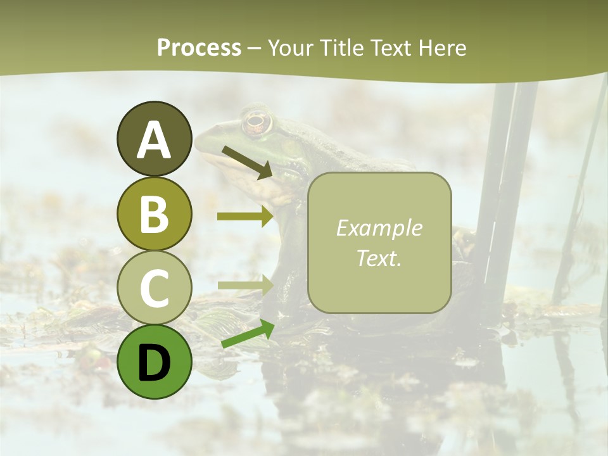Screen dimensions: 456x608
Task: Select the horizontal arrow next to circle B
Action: click(x=245, y=216)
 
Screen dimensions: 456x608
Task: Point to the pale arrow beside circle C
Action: click(x=245, y=286)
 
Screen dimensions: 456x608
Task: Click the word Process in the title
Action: click(x=199, y=47)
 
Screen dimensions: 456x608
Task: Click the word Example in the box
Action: click(x=379, y=228)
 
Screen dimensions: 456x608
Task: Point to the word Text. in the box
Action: click(x=379, y=258)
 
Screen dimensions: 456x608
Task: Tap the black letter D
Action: click(x=155, y=363)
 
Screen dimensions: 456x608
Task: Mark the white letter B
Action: click(x=155, y=213)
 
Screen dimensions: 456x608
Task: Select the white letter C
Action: click(x=155, y=288)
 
